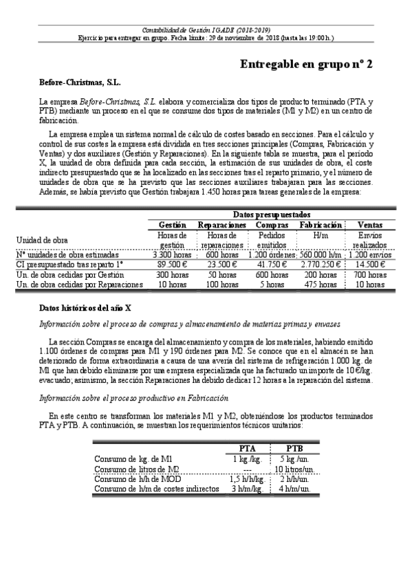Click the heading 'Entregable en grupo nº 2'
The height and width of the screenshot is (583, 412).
[x=306, y=64]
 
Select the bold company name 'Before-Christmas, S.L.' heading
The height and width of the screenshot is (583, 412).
[x=80, y=82]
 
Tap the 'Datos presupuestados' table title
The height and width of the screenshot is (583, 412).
[x=271, y=195]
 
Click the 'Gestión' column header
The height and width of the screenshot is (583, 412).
[x=172, y=206]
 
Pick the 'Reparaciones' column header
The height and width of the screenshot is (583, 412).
[x=221, y=206]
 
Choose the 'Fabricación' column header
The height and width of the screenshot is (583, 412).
[x=321, y=206]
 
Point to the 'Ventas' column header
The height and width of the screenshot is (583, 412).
[x=369, y=206]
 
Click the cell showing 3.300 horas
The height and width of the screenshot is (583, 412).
[x=172, y=254]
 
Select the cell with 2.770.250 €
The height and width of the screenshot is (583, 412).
[x=321, y=263]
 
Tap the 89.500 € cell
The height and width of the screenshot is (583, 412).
[x=172, y=263]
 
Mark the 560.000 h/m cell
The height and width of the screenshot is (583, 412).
[x=321, y=254]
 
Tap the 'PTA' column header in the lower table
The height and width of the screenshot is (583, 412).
[x=247, y=448]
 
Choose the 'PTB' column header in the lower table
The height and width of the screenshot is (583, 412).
[x=294, y=448]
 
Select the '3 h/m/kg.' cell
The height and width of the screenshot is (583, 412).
[x=247, y=489]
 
